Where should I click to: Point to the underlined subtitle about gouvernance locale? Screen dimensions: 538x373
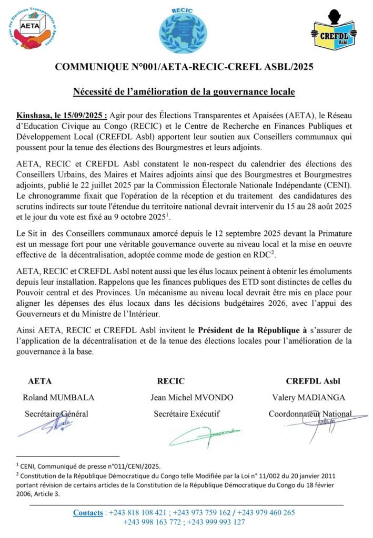click(184, 92)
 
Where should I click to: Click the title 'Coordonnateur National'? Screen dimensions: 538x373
click(310, 414)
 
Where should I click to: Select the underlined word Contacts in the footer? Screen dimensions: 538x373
click(88, 512)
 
